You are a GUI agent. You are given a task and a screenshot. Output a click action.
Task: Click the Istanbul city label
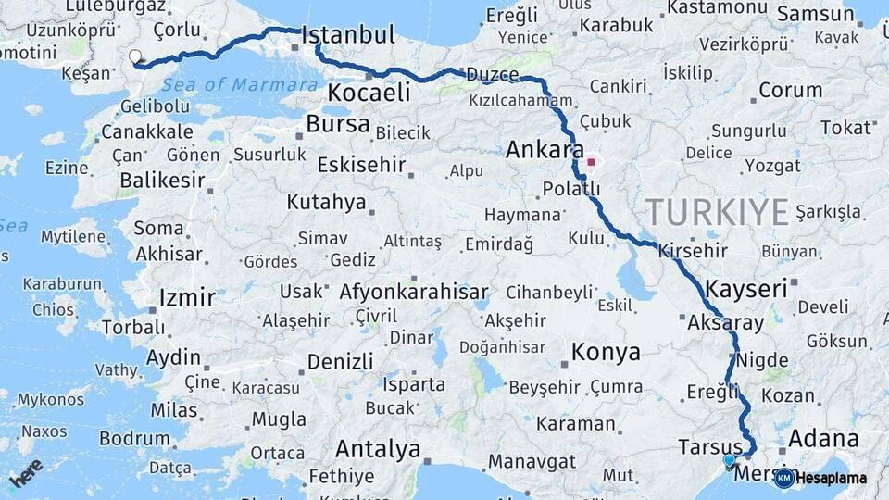pyautogui.click(x=348, y=36)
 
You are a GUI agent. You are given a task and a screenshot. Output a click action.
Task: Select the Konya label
pyautogui.click(x=606, y=352)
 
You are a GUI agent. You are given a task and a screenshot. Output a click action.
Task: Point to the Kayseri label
pyautogui.click(x=745, y=288)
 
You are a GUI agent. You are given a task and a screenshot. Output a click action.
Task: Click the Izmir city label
pyautogui.click(x=187, y=298)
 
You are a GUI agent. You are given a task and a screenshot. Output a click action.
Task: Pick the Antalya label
pyautogui.click(x=378, y=449)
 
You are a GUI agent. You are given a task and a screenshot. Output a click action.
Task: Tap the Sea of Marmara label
pyautogui.click(x=240, y=85)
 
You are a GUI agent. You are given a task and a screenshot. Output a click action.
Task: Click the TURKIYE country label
pyautogui.click(x=718, y=212)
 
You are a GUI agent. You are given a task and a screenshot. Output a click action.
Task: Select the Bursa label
pyautogui.click(x=338, y=124)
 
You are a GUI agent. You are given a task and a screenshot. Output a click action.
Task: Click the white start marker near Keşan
pyautogui.click(x=135, y=57)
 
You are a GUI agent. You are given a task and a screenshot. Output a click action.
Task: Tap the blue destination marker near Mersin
pyautogui.click(x=729, y=460)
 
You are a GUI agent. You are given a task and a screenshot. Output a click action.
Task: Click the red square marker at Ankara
pyautogui.click(x=591, y=162)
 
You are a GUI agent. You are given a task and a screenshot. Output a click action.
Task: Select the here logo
pyautogui.click(x=26, y=473)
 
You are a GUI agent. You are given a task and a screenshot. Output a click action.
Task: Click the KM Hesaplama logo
pyautogui.click(x=820, y=478)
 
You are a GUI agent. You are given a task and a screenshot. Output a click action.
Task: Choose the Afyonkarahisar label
pyautogui.click(x=414, y=293)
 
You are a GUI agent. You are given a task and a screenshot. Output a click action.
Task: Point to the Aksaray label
pyautogui.click(x=726, y=323)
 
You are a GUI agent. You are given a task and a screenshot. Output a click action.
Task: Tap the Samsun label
pyautogui.click(x=815, y=14)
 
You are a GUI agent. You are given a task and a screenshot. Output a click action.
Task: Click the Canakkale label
pyautogui.click(x=147, y=132)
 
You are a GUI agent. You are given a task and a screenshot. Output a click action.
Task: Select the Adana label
pyautogui.click(x=823, y=438)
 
